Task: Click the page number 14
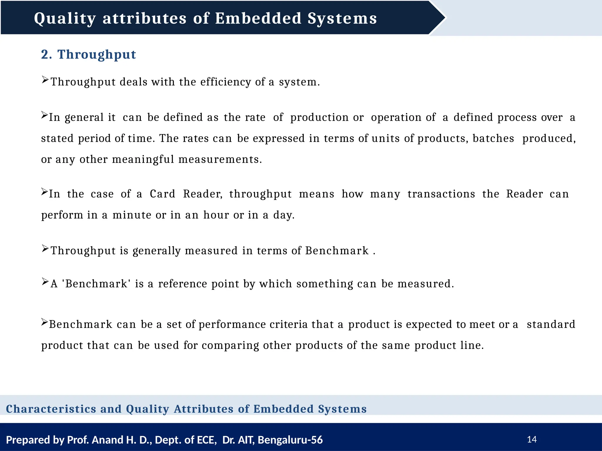click(x=532, y=439)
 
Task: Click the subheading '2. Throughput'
click(x=88, y=55)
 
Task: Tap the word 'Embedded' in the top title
click(x=258, y=18)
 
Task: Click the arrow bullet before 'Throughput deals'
click(x=45, y=80)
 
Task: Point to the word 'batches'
click(x=493, y=138)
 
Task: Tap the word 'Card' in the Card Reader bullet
click(x=162, y=194)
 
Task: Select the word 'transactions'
click(x=441, y=194)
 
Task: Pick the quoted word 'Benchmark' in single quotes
click(x=96, y=284)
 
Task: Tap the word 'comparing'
click(x=230, y=345)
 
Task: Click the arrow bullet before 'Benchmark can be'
click(x=44, y=322)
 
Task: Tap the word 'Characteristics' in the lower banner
click(x=51, y=409)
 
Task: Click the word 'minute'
click(x=132, y=215)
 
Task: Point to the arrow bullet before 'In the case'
click(x=44, y=192)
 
